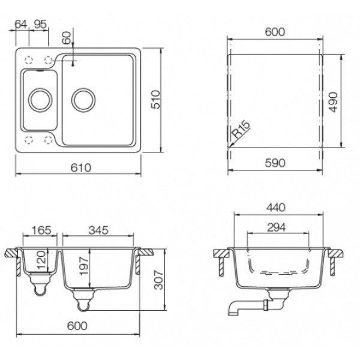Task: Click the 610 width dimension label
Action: pyautogui.click(x=80, y=168)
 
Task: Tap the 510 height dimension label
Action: pyautogui.click(x=155, y=100)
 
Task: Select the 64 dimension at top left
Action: pyautogui.click(x=21, y=24)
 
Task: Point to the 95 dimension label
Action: pyautogui.click(x=40, y=24)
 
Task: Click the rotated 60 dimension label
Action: pyautogui.click(x=67, y=37)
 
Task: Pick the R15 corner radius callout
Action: pyautogui.click(x=241, y=130)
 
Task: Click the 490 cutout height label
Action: pyautogui.click(x=333, y=102)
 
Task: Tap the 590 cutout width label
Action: pyautogui.click(x=275, y=163)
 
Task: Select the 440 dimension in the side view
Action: pyautogui.click(x=276, y=208)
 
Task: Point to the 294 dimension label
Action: pyautogui.click(x=277, y=227)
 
